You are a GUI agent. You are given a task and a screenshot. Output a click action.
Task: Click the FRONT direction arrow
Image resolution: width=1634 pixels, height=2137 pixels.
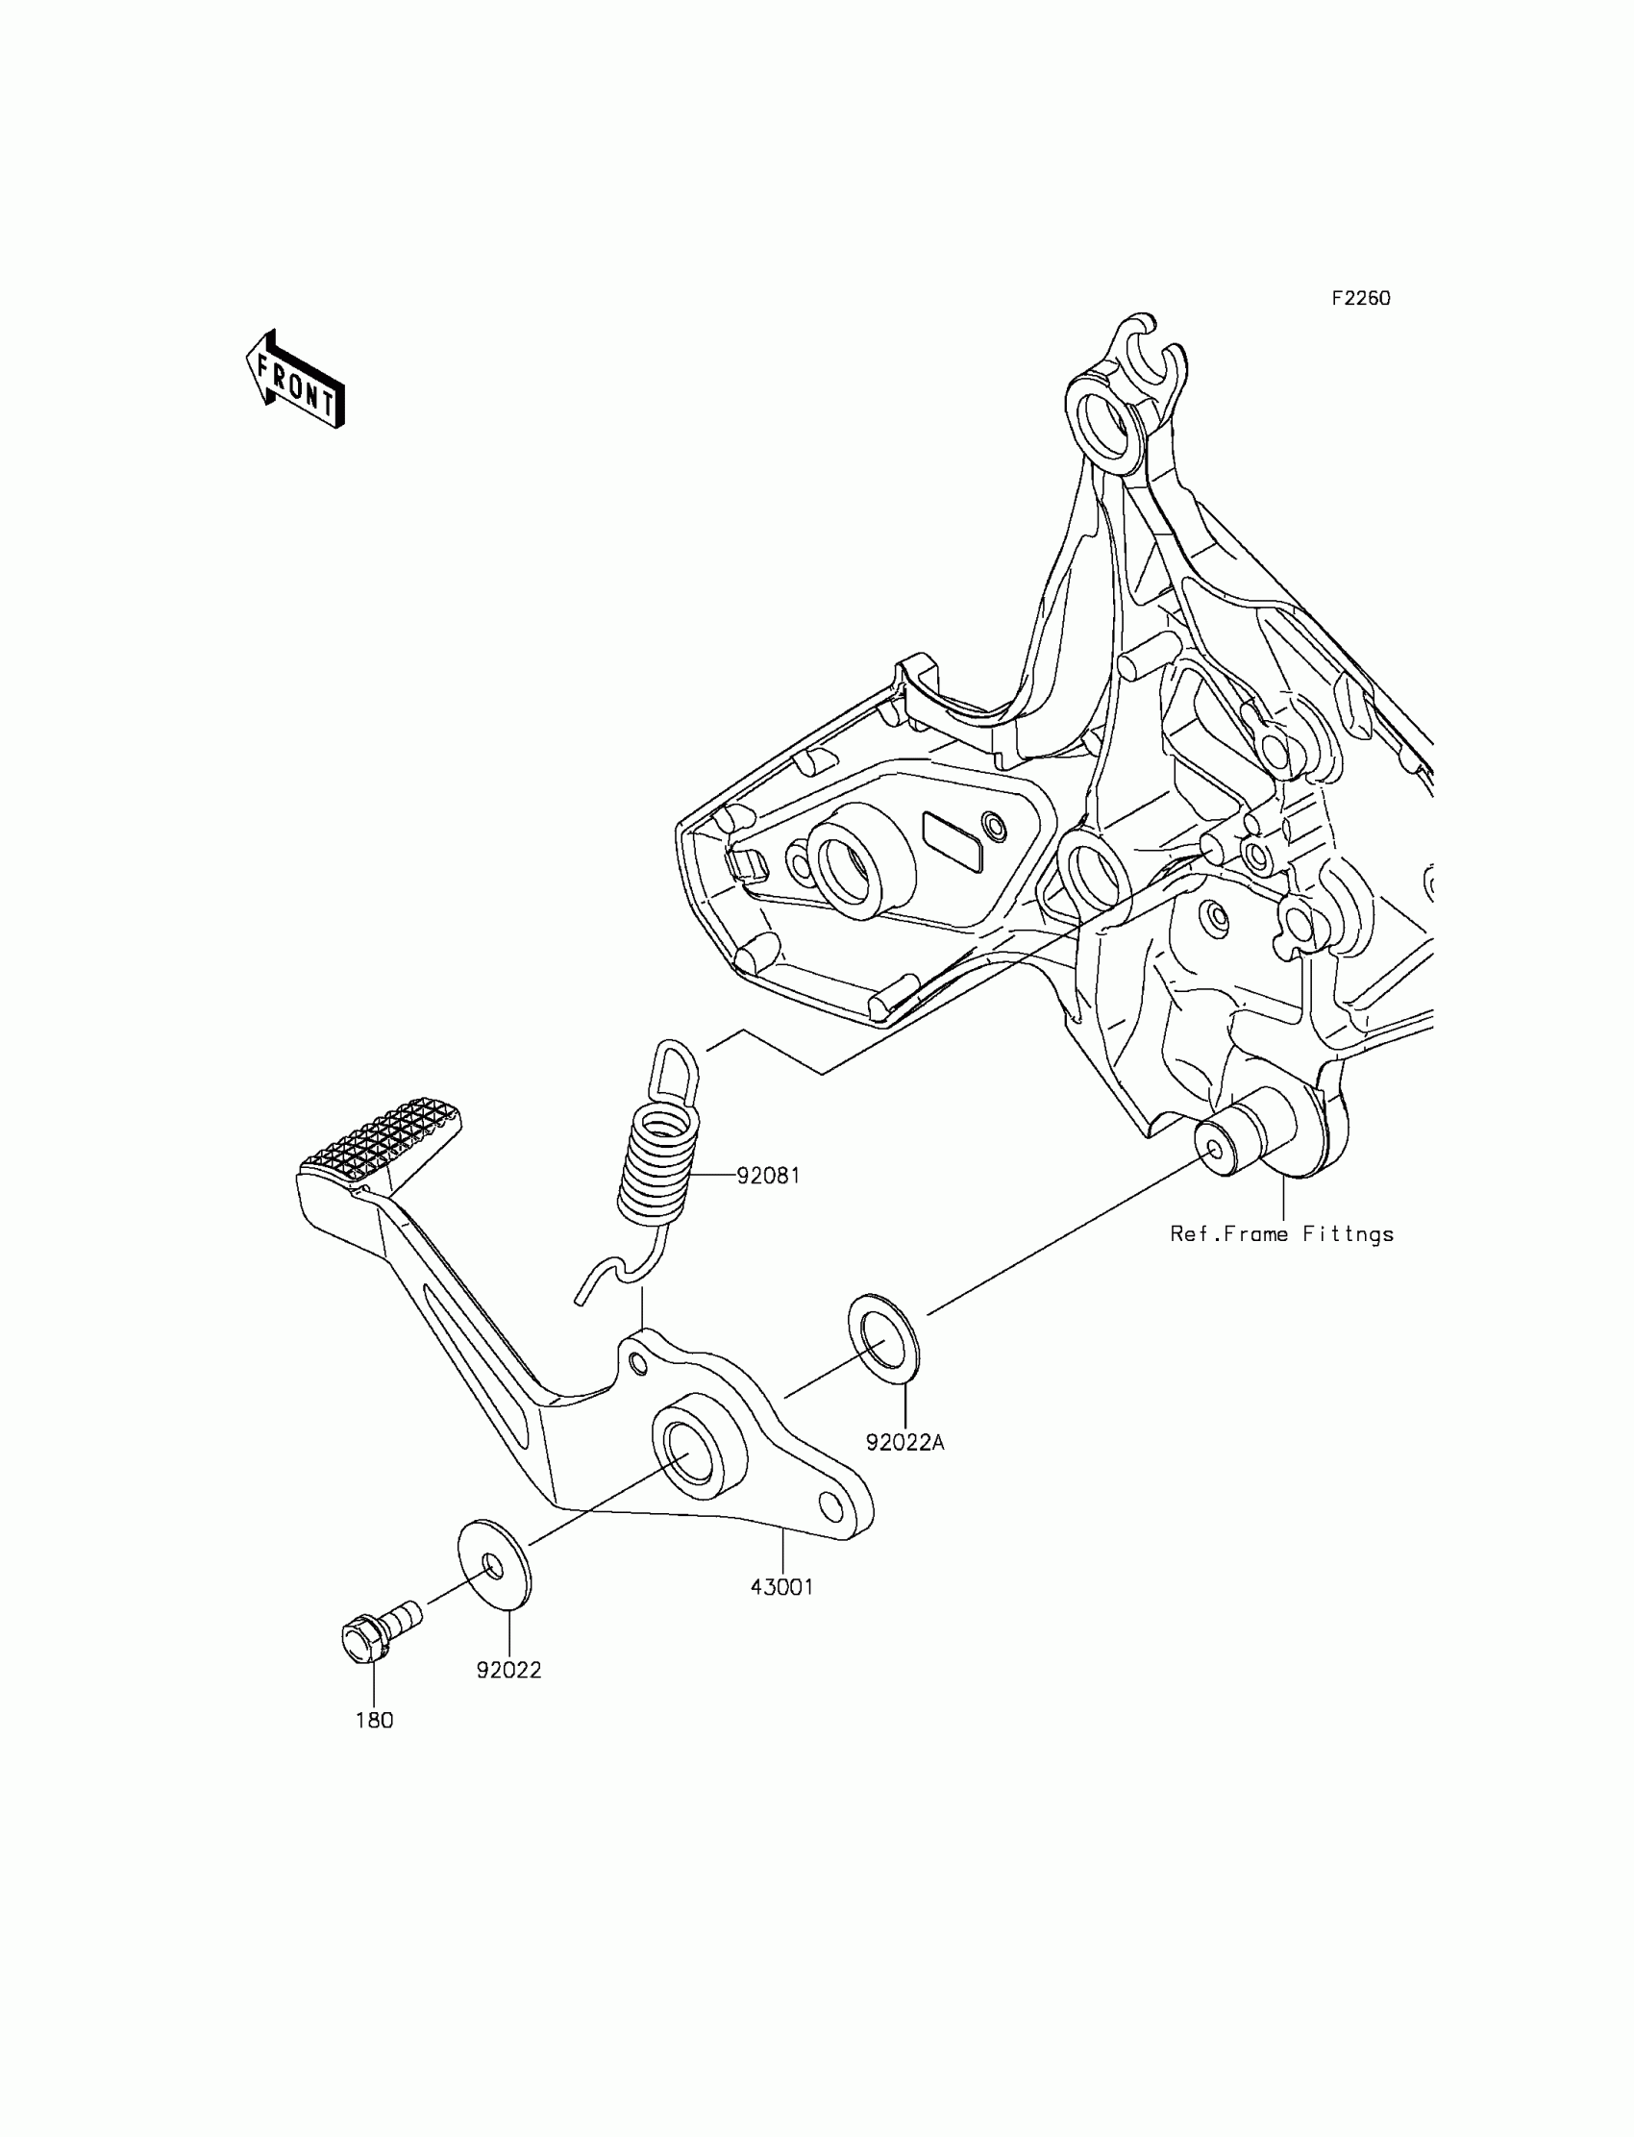tap(295, 380)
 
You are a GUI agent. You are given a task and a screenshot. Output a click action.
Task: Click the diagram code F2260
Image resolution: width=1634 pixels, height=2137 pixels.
tap(1361, 299)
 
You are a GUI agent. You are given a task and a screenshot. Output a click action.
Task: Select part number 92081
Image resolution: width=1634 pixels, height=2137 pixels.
tap(767, 1175)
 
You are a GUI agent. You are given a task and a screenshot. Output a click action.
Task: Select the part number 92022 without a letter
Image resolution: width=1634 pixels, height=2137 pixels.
tap(508, 1669)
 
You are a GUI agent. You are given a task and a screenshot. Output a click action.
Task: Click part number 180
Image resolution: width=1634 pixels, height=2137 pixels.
tap(375, 1720)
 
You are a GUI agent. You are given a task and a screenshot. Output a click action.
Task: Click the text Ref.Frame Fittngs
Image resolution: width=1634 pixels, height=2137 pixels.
tap(1282, 1234)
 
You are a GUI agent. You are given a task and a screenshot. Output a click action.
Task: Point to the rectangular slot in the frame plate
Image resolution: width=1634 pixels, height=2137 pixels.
tap(953, 840)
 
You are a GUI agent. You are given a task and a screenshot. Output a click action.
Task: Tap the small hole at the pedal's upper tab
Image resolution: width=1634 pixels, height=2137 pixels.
tap(638, 1364)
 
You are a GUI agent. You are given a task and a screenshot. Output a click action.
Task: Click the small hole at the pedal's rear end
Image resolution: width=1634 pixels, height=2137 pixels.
tap(831, 1507)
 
